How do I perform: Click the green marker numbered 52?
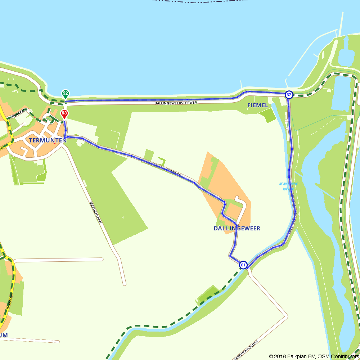point(65,94)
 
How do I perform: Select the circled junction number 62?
point(288,95)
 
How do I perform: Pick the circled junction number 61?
point(243,265)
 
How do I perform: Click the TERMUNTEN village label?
point(48,140)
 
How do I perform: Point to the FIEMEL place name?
point(258,105)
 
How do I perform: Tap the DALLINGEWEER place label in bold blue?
point(237,229)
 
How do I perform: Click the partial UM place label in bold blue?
point(4,336)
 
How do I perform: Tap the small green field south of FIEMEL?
point(267,115)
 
